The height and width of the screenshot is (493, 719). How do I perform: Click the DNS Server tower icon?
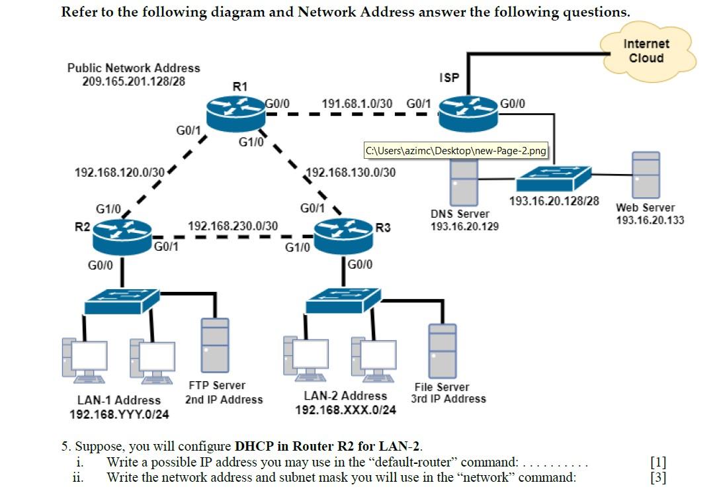(x=464, y=182)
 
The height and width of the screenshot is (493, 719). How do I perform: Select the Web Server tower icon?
(x=646, y=175)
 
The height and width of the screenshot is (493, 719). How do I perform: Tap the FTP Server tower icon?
(x=215, y=345)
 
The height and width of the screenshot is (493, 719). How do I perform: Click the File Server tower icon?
(x=442, y=351)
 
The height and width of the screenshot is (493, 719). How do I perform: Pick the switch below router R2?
(x=122, y=301)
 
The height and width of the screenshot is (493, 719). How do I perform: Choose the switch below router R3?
(x=343, y=301)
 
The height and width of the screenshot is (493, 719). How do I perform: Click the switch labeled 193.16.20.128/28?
(x=554, y=176)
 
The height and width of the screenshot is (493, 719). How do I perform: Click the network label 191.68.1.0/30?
(x=357, y=104)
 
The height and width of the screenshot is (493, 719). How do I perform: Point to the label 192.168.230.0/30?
(x=233, y=226)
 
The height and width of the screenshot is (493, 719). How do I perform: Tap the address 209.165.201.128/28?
(x=134, y=81)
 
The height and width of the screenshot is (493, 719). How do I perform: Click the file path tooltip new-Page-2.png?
(x=456, y=151)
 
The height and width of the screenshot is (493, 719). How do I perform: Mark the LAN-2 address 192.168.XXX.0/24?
(x=345, y=410)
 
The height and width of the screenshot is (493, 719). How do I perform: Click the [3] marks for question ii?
(x=658, y=477)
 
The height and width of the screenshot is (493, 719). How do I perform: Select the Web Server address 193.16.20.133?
(x=650, y=220)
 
